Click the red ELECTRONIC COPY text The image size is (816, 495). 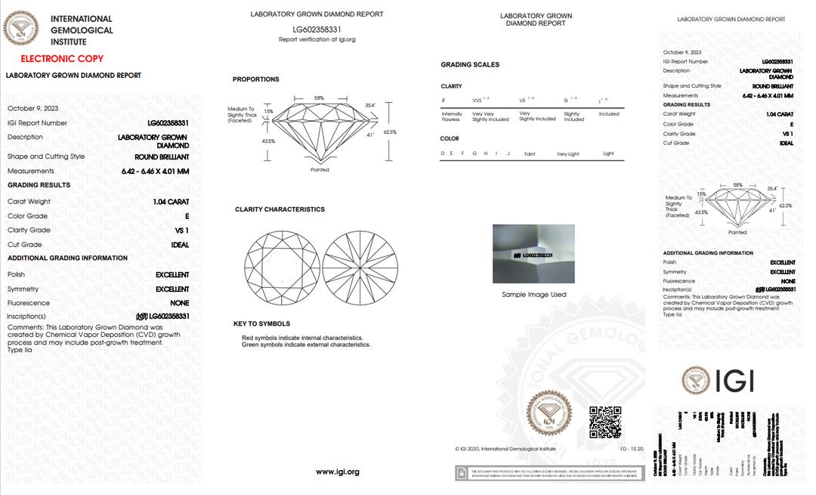(x=62, y=59)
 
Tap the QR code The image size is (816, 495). (x=604, y=422)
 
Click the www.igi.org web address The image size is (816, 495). (x=337, y=472)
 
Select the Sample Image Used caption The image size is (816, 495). (x=534, y=295)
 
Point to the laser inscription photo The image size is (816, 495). (x=533, y=255)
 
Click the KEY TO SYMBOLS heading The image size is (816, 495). (x=261, y=323)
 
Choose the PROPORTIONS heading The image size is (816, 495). (x=255, y=79)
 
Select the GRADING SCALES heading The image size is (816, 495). (x=470, y=65)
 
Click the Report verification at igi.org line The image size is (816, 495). (x=317, y=39)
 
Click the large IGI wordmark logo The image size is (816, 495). (x=717, y=380)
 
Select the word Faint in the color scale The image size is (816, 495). (x=530, y=153)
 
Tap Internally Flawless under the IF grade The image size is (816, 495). (x=451, y=116)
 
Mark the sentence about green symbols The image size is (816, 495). (x=306, y=345)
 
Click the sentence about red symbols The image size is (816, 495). (x=302, y=338)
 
